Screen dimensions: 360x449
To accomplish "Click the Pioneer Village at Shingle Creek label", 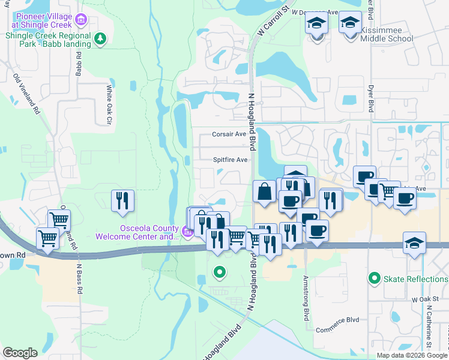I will (x=42, y=20).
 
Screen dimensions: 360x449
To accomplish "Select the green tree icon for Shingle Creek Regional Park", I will (x=101, y=40).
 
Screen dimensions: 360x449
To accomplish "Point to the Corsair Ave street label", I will (x=229, y=134).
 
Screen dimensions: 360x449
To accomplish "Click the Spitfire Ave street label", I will (x=231, y=160).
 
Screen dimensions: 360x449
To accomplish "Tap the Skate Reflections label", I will (x=416, y=278).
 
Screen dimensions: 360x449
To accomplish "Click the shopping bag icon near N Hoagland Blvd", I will (x=264, y=192).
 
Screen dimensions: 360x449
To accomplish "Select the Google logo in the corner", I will (x=20, y=353).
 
